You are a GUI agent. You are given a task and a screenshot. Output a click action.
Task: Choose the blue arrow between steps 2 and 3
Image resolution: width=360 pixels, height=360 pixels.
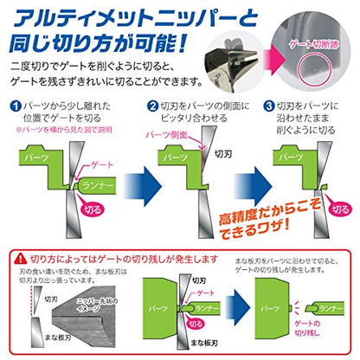244,181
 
